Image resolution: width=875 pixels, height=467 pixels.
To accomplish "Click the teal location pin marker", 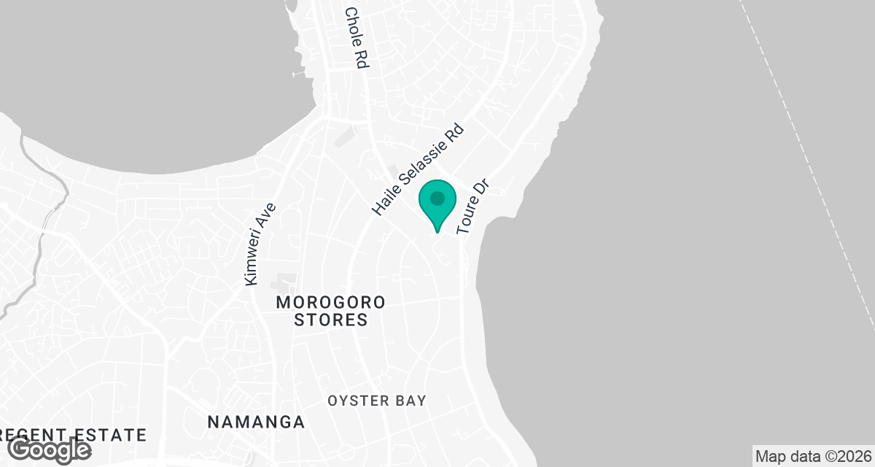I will [437, 204].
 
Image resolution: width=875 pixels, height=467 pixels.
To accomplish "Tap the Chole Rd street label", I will [354, 38].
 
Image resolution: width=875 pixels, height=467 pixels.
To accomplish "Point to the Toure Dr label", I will [472, 208].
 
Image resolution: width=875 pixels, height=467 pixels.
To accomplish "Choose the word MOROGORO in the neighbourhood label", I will [330, 302].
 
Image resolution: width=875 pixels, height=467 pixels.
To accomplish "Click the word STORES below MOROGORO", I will [330, 320].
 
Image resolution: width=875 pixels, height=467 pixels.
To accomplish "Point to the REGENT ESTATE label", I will [73, 435].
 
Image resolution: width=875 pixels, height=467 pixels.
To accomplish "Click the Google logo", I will [50, 449].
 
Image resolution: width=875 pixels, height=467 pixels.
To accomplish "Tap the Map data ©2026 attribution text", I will [812, 457].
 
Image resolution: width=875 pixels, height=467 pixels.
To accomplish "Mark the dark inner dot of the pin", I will [437, 198].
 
